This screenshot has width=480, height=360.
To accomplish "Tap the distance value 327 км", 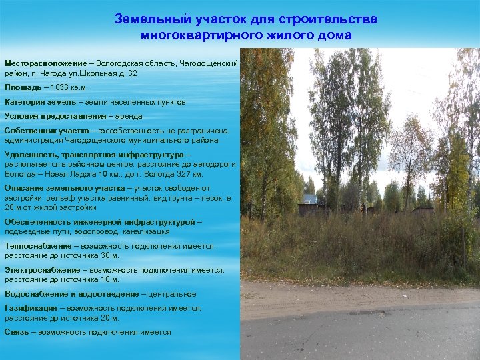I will (189, 173).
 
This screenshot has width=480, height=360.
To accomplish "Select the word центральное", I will (173, 294).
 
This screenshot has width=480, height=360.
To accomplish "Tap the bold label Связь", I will (17, 332).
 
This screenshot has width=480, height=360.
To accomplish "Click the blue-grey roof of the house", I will (309, 199).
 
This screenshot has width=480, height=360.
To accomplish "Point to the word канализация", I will (146, 231).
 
